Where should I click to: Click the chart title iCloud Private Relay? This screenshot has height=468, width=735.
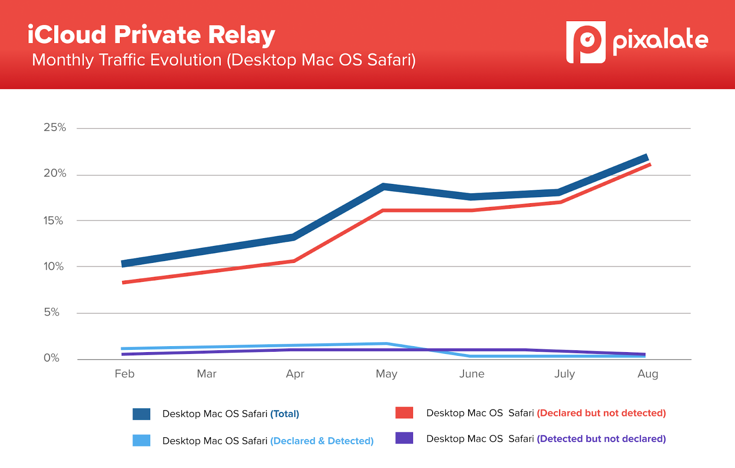[x=151, y=35]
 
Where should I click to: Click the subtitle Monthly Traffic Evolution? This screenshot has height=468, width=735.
[x=223, y=60]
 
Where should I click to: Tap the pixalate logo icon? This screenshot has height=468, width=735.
[x=586, y=42]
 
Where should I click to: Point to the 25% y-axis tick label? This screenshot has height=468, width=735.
[x=55, y=127]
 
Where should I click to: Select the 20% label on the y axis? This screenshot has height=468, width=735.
[x=55, y=173]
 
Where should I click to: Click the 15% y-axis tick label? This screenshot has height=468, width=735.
[x=53, y=221]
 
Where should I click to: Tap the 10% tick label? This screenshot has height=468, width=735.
[x=53, y=267]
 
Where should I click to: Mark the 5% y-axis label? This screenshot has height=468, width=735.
[x=52, y=313]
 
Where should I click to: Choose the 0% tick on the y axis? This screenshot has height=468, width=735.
[x=51, y=358]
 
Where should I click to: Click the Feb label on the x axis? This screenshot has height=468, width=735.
[x=124, y=374]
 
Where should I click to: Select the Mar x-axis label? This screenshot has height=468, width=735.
[x=207, y=374]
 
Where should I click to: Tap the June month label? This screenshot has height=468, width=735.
[x=472, y=374]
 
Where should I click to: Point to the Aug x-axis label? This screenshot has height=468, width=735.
[x=648, y=374]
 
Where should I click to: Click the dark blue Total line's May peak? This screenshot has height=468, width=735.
[x=384, y=187]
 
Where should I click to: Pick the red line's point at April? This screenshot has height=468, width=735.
[x=294, y=261]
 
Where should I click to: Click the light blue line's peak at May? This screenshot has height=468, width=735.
[x=387, y=343]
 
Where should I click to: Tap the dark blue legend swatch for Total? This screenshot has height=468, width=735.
[x=141, y=414]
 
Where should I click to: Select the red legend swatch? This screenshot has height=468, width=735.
[x=404, y=413]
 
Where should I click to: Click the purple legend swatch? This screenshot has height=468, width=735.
[x=404, y=438]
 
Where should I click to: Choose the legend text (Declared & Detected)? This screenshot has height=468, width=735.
[x=322, y=441]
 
